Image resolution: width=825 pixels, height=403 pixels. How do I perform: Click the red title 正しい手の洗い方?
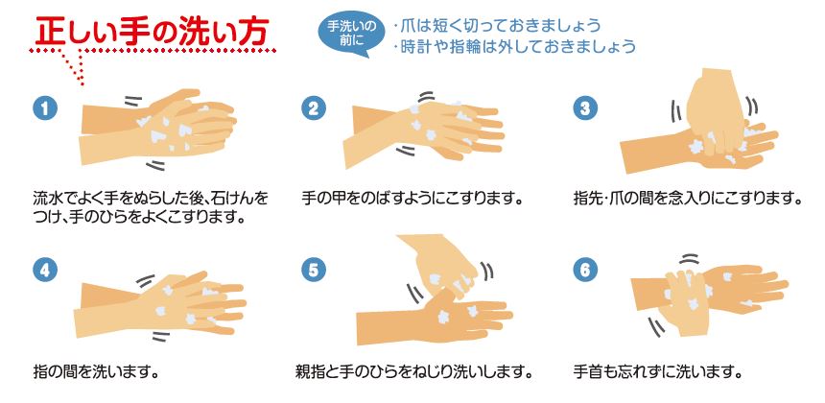153,32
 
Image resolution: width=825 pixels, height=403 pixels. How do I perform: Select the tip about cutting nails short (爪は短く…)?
497,25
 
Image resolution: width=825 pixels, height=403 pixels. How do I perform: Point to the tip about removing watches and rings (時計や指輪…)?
514,46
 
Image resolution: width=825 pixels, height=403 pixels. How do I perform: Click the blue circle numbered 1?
45,107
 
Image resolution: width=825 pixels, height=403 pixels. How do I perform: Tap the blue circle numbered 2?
314,107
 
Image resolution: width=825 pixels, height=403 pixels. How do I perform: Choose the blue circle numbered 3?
585,107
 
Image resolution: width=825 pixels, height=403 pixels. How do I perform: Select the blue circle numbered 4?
45,270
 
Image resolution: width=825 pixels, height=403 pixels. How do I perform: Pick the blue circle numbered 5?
314,270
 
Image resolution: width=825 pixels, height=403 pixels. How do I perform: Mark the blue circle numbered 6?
585,270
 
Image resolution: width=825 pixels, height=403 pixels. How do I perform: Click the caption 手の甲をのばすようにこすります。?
414,200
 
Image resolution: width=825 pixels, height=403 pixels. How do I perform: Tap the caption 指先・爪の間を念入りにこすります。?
688,200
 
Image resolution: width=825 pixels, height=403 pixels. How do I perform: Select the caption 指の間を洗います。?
96,372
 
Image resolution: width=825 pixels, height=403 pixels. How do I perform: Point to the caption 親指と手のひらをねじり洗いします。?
414,372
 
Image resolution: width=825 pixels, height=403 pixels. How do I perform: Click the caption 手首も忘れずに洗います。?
658,372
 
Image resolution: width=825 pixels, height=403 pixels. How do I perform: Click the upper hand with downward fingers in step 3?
716,110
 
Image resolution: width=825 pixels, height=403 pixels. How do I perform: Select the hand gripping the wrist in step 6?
684,300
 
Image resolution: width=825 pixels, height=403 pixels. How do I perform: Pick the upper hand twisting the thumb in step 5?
439,266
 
